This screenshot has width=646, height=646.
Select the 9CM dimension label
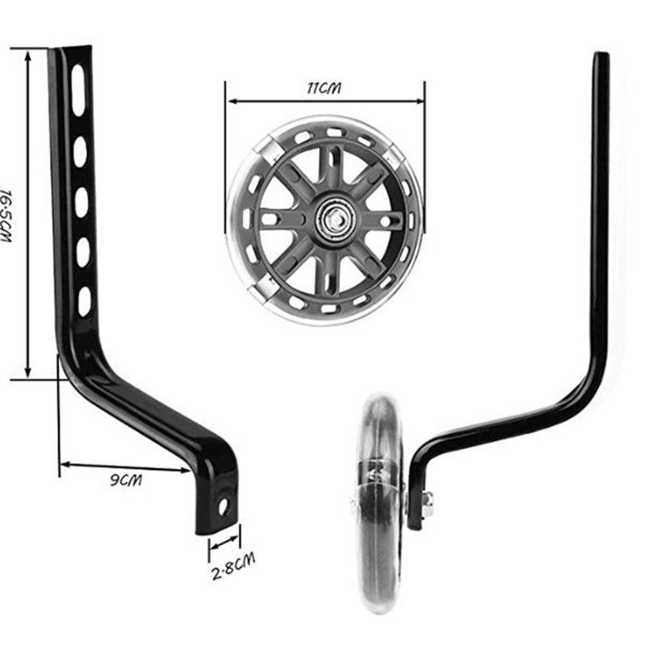pyautogui.click(x=124, y=480)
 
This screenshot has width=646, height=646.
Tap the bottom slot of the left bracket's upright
pyautogui.click(x=84, y=301)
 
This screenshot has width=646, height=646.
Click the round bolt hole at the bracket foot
pyautogui.click(x=223, y=508)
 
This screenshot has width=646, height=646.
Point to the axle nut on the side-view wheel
pyautogui.click(x=426, y=504)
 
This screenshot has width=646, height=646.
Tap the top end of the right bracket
pyautogui.click(x=601, y=58)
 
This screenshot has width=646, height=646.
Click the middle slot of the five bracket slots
pyautogui.click(x=82, y=202)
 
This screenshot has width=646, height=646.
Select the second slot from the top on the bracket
pyautogui.click(x=79, y=152)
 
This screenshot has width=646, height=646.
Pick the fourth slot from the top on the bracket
pyautogui.click(x=83, y=252)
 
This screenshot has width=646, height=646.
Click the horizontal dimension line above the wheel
pyautogui.click(x=325, y=102)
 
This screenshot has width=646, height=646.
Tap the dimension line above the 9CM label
pyautogui.click(x=125, y=467)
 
